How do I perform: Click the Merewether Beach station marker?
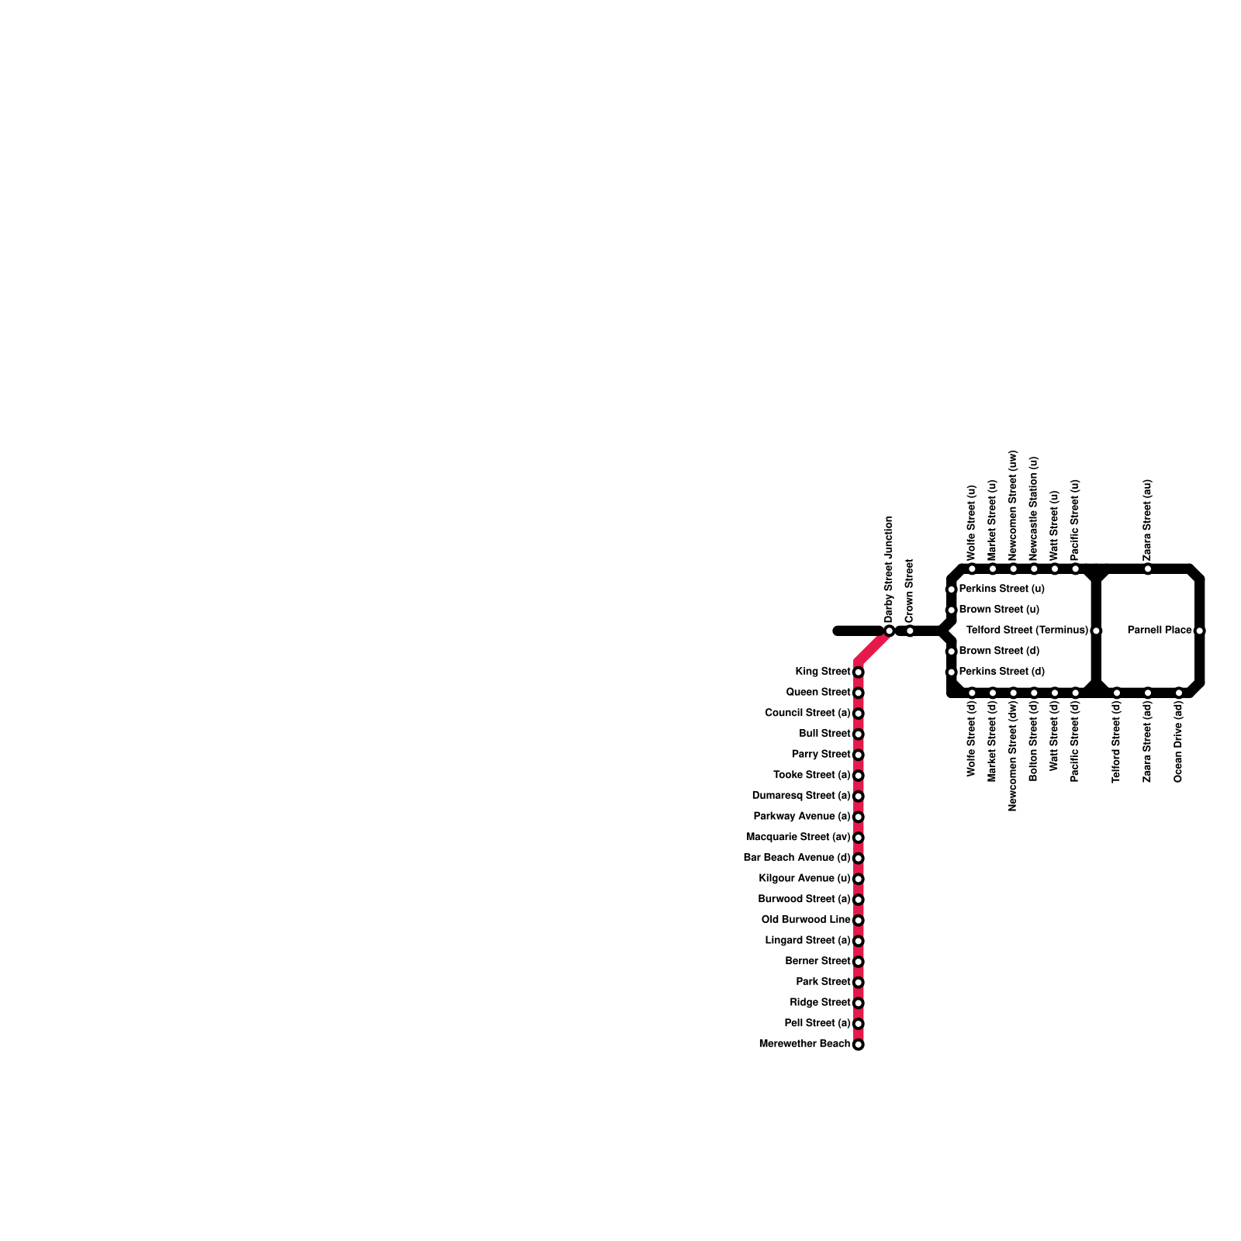pos(858,1045)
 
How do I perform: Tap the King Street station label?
pos(822,672)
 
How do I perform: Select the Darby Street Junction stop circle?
pos(890,631)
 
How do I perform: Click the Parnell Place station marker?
pos(1199,631)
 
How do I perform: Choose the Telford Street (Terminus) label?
pos(1027,631)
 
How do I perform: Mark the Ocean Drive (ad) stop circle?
pos(1179,693)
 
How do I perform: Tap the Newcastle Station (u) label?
pos(1034,509)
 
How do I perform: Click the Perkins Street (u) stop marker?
pos(951,589)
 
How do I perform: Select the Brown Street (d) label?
pos(999,652)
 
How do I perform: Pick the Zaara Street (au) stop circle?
pos(1148,570)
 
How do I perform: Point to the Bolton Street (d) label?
pos(1034,741)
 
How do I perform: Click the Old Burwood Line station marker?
pos(858,921)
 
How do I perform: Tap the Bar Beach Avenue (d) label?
pos(797,858)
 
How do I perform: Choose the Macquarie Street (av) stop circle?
pos(858,838)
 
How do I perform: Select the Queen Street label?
pos(818,693)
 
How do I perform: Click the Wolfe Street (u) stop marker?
pos(972,570)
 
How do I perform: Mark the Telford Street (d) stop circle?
pos(1117,693)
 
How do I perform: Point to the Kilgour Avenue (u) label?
pos(804,879)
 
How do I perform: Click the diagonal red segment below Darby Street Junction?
pos(873,647)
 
